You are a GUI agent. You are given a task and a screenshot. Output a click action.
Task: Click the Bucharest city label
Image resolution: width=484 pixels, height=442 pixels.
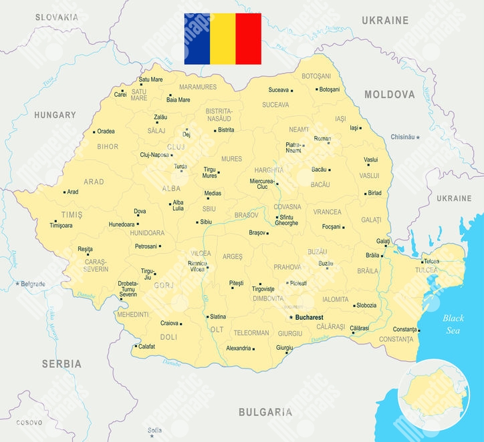tap(309, 317)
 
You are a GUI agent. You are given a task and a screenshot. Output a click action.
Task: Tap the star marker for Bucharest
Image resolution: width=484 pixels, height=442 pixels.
tap(291, 317)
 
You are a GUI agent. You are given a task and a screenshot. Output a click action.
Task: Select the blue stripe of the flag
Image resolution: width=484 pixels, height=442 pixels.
tap(197, 39)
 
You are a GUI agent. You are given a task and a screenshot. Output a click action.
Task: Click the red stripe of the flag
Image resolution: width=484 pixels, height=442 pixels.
tap(249, 39)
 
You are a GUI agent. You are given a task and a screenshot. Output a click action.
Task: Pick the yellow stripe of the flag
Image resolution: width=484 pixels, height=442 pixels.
tap(223, 39)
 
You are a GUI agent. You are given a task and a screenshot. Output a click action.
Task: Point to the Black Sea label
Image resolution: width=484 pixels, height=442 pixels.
tap(453, 324)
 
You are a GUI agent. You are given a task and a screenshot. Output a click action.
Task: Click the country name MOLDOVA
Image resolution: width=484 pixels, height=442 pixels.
tap(390, 94)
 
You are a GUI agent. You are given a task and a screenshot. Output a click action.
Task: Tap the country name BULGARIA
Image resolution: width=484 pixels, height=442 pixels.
tap(265, 412)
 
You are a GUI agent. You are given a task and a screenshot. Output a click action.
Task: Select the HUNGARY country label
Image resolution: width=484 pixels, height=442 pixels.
tap(55, 115)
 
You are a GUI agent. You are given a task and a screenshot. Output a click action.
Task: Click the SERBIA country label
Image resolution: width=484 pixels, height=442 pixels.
tap(62, 364)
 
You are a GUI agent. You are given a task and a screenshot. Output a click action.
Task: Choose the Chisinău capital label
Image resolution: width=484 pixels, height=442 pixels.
tap(402, 137)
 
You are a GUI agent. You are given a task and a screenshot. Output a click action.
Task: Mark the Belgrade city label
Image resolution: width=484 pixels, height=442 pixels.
tap(33, 284)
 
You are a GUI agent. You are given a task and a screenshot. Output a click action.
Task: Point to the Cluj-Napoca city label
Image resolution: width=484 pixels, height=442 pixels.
tap(154, 155)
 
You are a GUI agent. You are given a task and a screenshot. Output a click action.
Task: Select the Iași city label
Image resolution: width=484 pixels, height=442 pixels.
tap(354, 128)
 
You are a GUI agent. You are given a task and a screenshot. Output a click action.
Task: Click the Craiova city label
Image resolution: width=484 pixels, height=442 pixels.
tap(169, 323)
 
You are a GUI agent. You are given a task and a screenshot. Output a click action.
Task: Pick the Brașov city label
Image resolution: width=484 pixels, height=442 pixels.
tap(257, 233)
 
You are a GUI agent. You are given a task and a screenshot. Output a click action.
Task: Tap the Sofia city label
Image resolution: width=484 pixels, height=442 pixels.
tap(154, 429)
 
